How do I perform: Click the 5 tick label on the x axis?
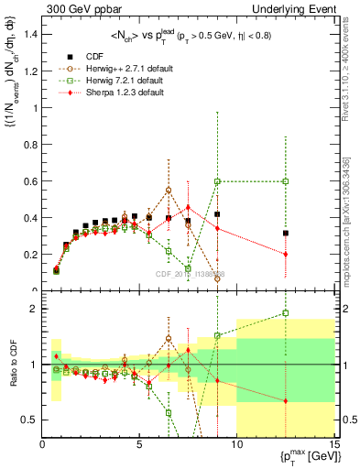pos(139,445)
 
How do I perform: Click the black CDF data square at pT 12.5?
pos(286,233)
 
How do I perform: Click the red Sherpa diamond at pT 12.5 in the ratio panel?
pos(286,401)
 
